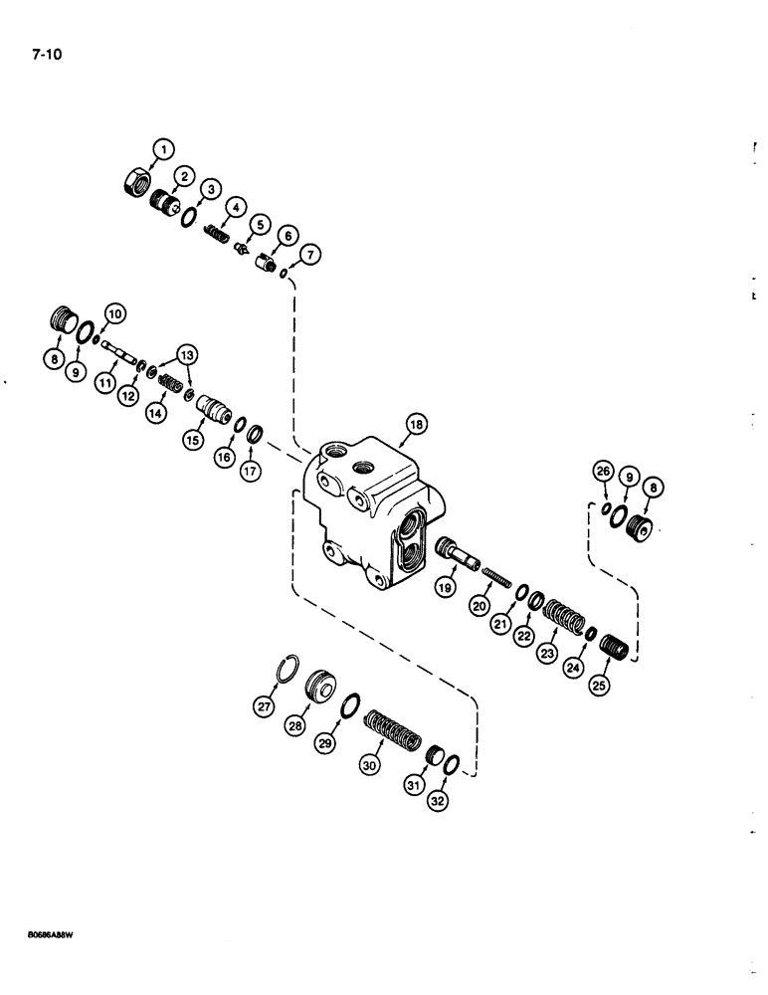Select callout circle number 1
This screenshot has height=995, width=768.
[x=162, y=149]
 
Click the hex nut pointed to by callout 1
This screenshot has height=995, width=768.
[x=135, y=183]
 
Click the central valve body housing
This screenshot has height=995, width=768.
[x=368, y=512]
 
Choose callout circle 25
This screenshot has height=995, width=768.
[x=600, y=685]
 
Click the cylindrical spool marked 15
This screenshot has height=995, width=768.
[x=213, y=409]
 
